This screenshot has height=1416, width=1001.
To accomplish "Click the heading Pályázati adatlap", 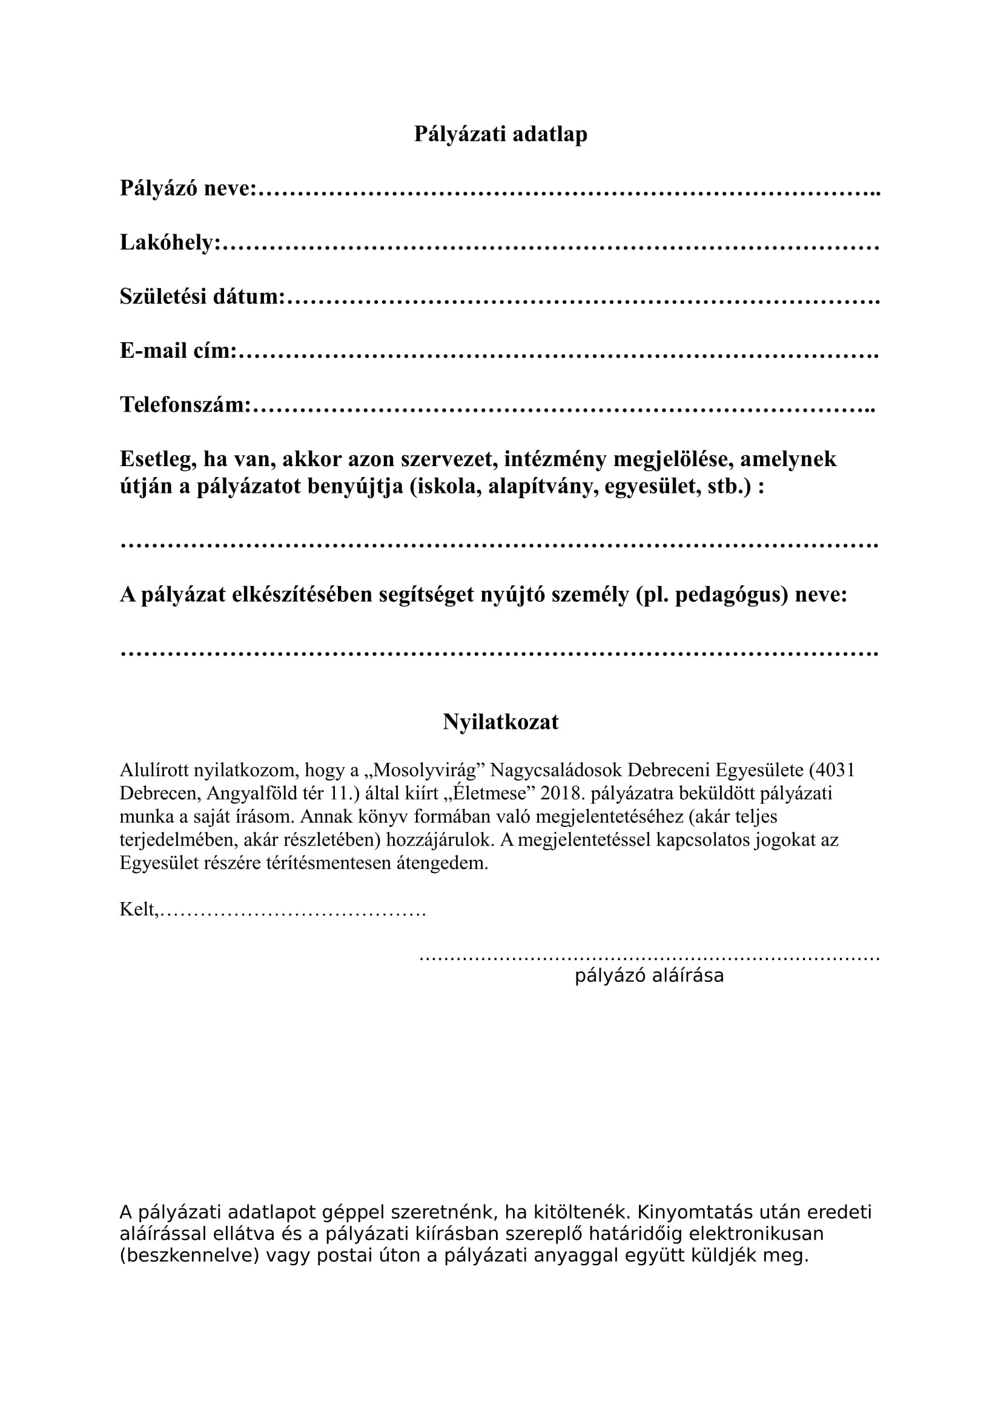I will point(500,134).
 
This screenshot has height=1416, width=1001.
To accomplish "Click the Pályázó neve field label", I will point(188,188).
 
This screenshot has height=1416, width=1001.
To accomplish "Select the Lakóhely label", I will point(170,242).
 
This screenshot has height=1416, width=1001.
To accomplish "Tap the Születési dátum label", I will point(202,297).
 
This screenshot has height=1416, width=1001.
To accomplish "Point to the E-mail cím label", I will point(178,351).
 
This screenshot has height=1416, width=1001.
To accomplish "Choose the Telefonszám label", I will point(185,405).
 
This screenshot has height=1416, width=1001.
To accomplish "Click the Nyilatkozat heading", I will point(500,722).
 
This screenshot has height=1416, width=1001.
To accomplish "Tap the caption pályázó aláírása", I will point(649,976).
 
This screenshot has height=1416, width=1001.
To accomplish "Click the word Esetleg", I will point(158,459).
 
